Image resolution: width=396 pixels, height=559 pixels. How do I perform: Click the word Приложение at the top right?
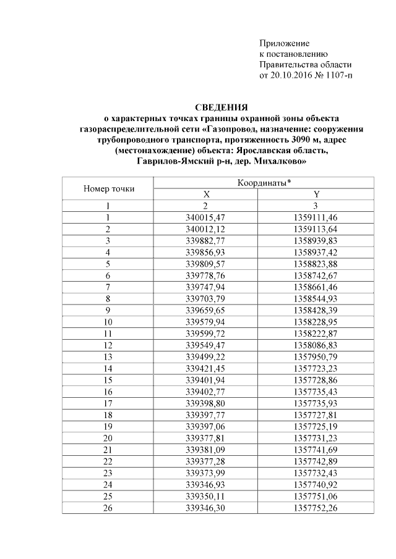pos(284,43)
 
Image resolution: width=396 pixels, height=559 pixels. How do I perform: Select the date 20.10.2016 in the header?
pos(287,76)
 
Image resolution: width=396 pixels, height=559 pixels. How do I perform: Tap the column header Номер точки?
pos(108,188)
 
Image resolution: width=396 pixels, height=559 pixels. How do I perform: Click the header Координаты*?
pos(264,183)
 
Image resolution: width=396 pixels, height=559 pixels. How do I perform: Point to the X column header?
pos(207,194)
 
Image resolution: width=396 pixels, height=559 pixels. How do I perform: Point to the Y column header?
pos(316,194)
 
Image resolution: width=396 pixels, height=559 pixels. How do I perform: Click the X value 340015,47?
pos(207,217)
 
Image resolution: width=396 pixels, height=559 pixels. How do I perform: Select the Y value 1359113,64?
pos(316,229)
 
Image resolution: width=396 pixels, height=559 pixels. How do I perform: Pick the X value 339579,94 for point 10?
pos(207,322)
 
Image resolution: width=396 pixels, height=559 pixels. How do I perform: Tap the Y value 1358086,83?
pos(316,345)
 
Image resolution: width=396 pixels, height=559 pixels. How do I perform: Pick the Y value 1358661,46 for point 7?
pos(316,287)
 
